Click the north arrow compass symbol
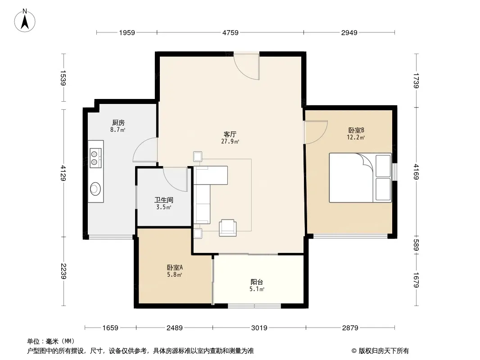pyautogui.click(x=25, y=21)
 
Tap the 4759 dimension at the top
pyautogui.click(x=230, y=32)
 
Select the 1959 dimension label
pyautogui.click(x=127, y=32)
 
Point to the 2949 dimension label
pyautogui.click(x=349, y=32)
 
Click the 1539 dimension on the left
pyautogui.click(x=63, y=78)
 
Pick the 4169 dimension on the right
pyautogui.click(x=417, y=172)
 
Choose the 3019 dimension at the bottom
pyautogui.click(x=259, y=328)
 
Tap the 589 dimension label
pyautogui.click(x=417, y=245)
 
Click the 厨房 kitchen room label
pyautogui.click(x=118, y=123)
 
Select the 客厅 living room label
pyautogui.click(x=230, y=134)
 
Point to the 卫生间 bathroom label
pyautogui.click(x=164, y=200)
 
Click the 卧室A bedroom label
pyautogui.click(x=175, y=267)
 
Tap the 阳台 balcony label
pyautogui.click(x=257, y=282)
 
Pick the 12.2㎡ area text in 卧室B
pyautogui.click(x=356, y=137)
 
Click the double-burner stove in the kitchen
pyautogui.click(x=95, y=158)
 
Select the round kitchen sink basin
pyautogui.click(x=95, y=189)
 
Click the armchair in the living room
pyautogui.click(x=228, y=228)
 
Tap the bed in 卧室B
pyautogui.click(x=360, y=178)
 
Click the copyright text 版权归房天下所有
pyautogui.click(x=384, y=351)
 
